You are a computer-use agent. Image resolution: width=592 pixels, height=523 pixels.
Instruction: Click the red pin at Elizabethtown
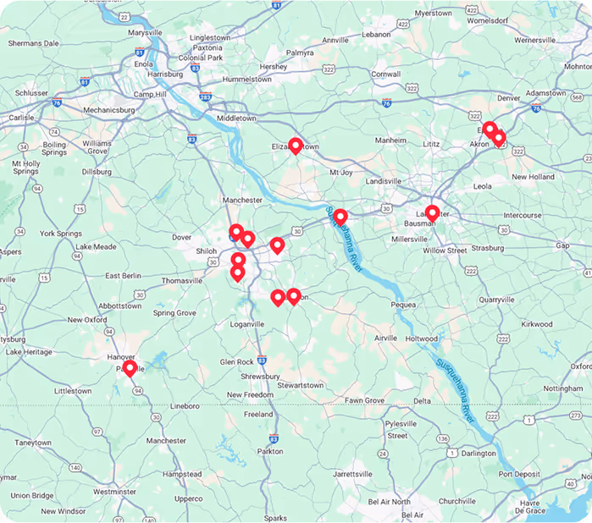pos(295,146)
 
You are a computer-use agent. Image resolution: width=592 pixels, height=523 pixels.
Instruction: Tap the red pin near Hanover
pos(130,368)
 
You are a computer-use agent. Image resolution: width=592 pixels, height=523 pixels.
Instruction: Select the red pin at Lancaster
pos(432,212)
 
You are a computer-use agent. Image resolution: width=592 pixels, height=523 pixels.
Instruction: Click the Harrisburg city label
pos(164,74)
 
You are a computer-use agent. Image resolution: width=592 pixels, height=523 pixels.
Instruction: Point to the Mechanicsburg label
pos(82,110)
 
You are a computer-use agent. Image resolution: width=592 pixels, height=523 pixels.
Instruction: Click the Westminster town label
pos(114,491)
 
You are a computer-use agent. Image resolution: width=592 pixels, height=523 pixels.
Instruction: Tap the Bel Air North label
pos(390,502)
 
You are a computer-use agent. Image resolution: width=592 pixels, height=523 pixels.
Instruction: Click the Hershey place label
pos(274,66)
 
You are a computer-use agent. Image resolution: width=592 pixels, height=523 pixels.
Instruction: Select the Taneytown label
pos(33,443)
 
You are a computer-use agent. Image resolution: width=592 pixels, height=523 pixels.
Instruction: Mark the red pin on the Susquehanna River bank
pos(340,217)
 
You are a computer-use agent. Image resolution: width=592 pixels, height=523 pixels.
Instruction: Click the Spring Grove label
pos(175,313)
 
